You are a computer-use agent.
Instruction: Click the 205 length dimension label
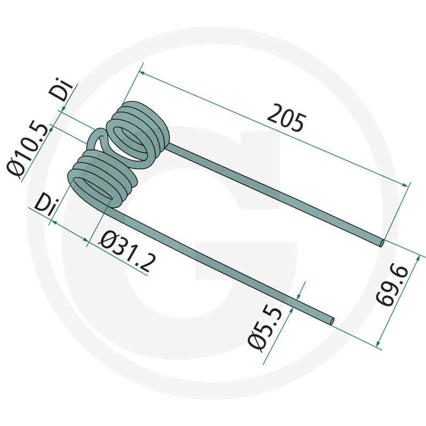tap(286, 118)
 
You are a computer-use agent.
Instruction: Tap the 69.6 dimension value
tap(392, 285)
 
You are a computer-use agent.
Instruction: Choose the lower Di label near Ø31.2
tap(47, 204)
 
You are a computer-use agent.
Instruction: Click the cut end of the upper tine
tap(382, 243)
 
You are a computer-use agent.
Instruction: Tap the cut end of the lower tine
tap(332, 321)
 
